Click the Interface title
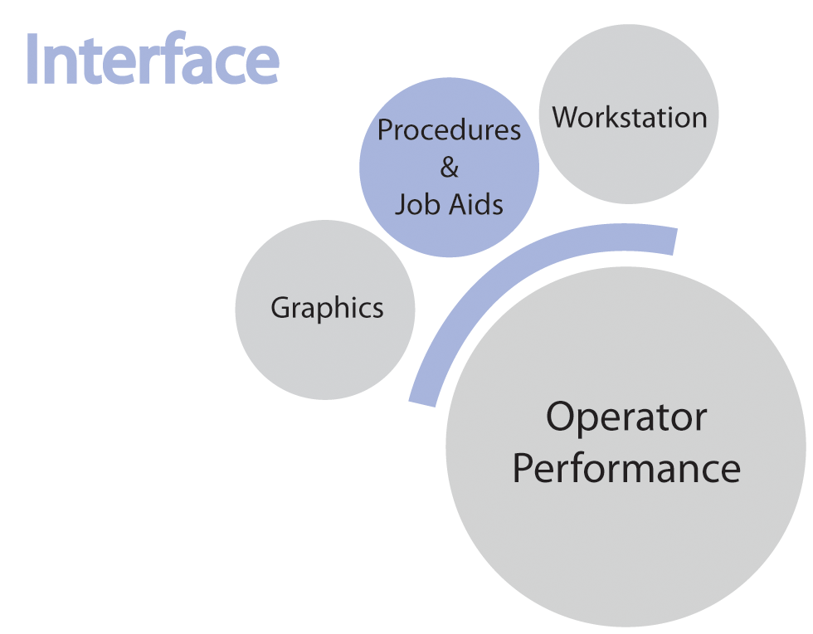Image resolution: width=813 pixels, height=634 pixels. [x=152, y=60]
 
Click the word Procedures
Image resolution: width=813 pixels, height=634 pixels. [x=449, y=130]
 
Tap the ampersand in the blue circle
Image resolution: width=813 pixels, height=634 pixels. [x=449, y=168]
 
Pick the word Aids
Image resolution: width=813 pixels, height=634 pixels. [x=476, y=204]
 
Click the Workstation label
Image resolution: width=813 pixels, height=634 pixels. [x=630, y=117]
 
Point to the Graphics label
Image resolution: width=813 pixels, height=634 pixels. [x=327, y=308]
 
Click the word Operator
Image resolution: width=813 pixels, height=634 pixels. [x=626, y=417]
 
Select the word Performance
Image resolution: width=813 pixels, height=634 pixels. [x=626, y=469]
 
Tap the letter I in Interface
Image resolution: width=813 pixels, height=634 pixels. [x=33, y=60]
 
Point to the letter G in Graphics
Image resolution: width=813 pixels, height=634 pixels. [x=280, y=308]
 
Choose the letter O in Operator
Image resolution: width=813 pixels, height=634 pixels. [x=562, y=417]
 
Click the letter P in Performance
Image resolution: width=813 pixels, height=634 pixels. [x=523, y=469]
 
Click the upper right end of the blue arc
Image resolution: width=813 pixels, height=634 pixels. [x=673, y=240]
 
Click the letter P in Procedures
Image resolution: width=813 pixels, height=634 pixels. [x=385, y=130]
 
